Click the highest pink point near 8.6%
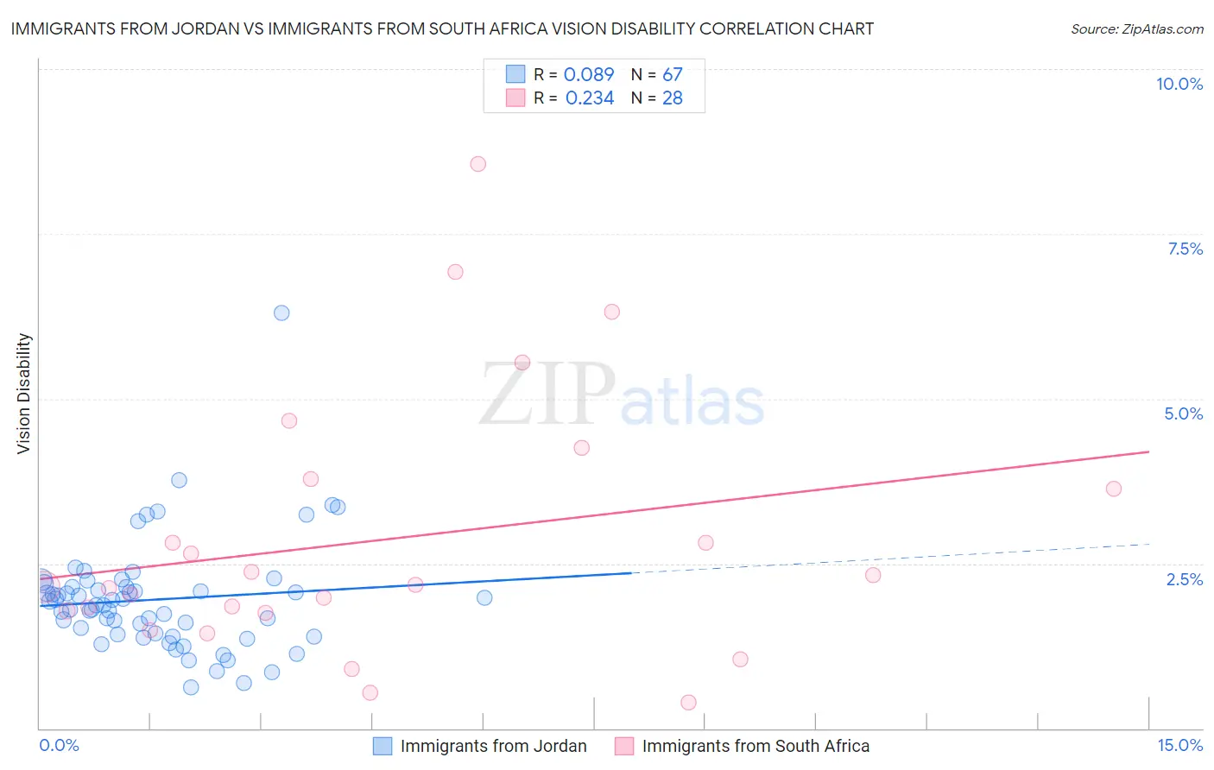pyautogui.click(x=478, y=164)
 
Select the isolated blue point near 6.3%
pyautogui.click(x=281, y=312)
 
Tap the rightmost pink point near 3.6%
pyautogui.click(x=1114, y=489)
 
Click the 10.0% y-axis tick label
pyautogui.click(x=1179, y=84)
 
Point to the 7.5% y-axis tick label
pyautogui.click(x=1185, y=249)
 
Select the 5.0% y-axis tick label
pyautogui.click(x=1183, y=413)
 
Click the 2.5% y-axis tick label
pyautogui.click(x=1185, y=579)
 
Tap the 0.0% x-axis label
pyautogui.click(x=59, y=745)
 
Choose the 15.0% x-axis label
pyautogui.click(x=1179, y=745)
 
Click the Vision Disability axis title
pyautogui.click(x=24, y=394)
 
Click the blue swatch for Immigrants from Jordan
pyautogui.click(x=383, y=746)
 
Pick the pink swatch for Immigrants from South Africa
pyautogui.click(x=624, y=746)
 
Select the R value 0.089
pyautogui.click(x=589, y=74)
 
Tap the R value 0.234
pyautogui.click(x=590, y=98)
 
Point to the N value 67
pyautogui.click(x=673, y=74)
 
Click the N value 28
pyautogui.click(x=673, y=98)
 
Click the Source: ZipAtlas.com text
pyautogui.click(x=1137, y=28)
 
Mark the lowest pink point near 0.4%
pyautogui.click(x=688, y=702)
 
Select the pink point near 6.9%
pyautogui.click(x=455, y=272)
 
